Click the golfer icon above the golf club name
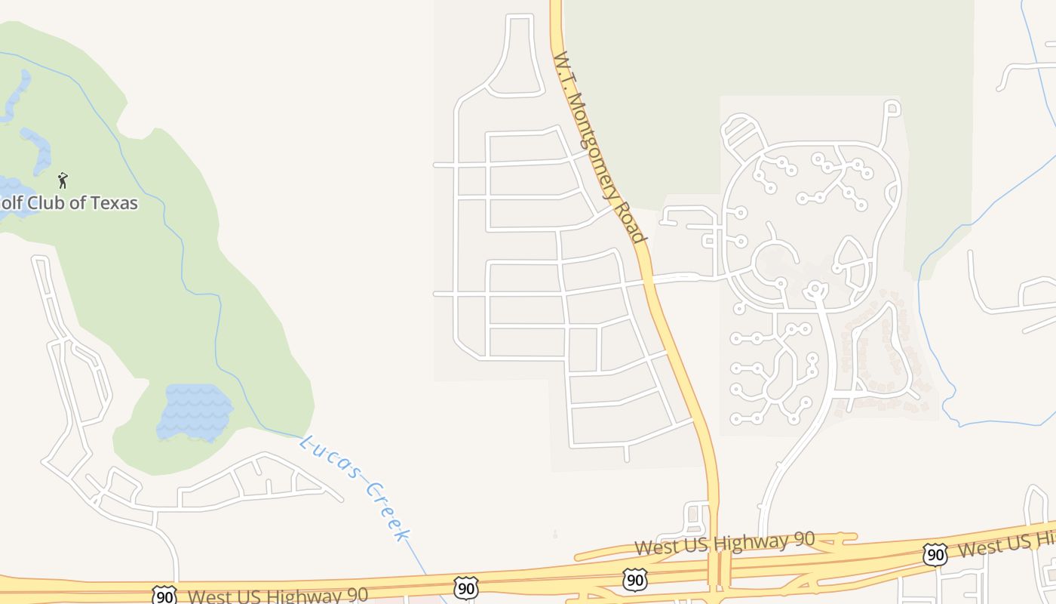pyautogui.click(x=63, y=180)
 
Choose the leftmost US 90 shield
pyautogui.click(x=164, y=595)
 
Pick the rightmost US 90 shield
pyautogui.click(x=935, y=555)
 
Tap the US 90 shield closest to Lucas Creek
pyautogui.click(x=465, y=587)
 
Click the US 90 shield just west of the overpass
pyautogui.click(x=634, y=580)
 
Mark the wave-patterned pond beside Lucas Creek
pyautogui.click(x=195, y=411)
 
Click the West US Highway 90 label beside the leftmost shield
pyautogui.click(x=278, y=596)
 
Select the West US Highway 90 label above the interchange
pyautogui.click(x=724, y=543)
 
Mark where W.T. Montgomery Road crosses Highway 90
pyautogui.click(x=714, y=568)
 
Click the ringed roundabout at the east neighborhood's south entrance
pyautogui.click(x=815, y=288)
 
